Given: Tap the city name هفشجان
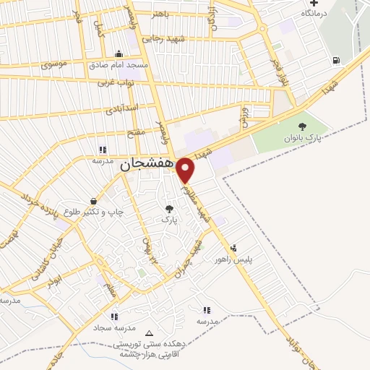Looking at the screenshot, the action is click(145, 164).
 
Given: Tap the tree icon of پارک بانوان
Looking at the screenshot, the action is click(302, 126).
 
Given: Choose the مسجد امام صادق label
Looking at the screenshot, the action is click(119, 65).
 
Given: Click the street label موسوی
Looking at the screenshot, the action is click(55, 65).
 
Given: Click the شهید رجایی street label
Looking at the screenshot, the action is click(163, 38).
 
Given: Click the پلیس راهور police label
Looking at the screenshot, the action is click(233, 259).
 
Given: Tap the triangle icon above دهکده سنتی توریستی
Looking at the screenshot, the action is click(149, 333).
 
